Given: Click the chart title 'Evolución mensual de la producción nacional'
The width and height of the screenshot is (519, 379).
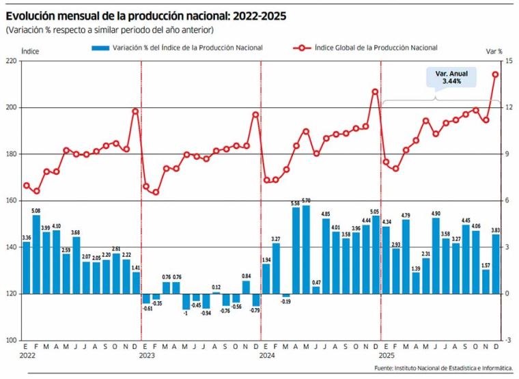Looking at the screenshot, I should [146, 14].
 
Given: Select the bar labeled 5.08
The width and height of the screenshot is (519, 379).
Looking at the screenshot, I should [36, 254].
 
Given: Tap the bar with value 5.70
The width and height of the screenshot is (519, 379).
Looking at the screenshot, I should [305, 249].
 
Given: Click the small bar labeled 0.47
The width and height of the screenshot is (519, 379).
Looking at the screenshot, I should [315, 290].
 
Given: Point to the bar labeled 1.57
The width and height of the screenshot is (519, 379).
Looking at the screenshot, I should [486, 281].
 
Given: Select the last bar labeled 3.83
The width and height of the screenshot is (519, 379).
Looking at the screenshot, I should [496, 264].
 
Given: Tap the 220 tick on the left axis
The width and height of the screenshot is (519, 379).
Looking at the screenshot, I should [10, 61].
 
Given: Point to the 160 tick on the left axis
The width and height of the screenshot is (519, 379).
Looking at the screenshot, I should [10, 201].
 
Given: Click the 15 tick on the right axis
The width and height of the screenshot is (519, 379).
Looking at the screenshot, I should [509, 61].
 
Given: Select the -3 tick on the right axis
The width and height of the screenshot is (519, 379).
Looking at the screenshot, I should [508, 340].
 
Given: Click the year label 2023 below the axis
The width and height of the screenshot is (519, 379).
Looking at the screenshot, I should [147, 356].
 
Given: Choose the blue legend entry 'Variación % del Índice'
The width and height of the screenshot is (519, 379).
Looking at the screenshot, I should [178, 48].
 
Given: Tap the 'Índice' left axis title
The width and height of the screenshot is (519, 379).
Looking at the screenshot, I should [30, 51].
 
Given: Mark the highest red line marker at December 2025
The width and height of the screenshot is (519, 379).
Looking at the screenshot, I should [496, 74].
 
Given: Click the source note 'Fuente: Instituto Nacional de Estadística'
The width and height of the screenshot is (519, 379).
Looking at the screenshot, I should [443, 369].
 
